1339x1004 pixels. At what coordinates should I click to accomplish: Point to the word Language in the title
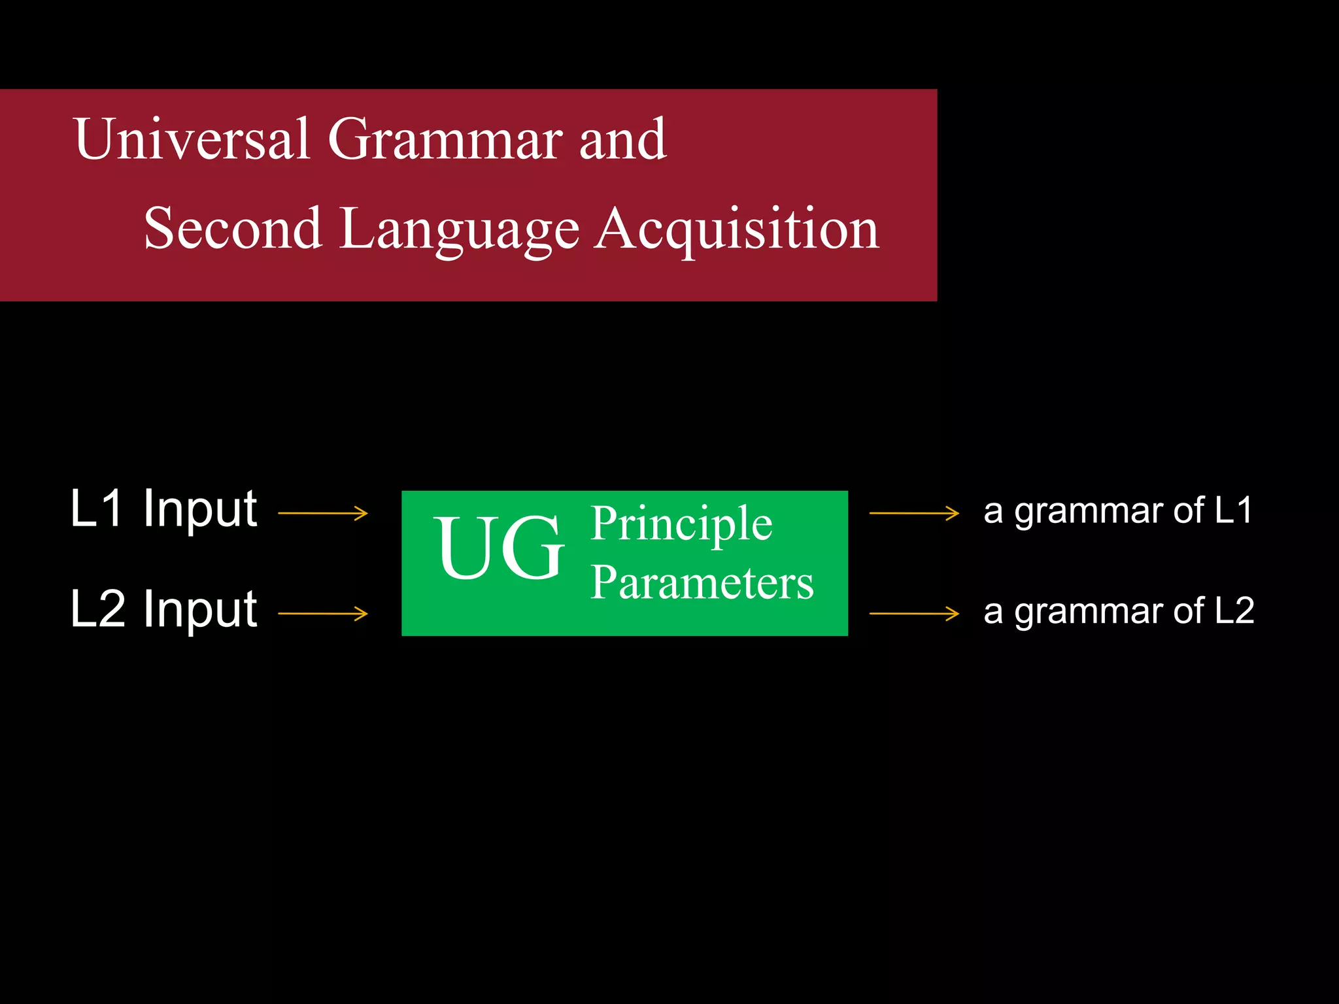459,229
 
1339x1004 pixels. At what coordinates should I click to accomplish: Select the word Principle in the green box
681,524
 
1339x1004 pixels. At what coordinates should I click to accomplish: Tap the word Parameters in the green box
702,582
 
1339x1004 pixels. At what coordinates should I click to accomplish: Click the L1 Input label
163,509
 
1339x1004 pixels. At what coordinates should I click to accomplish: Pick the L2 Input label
163,609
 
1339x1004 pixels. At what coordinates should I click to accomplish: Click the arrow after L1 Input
323,514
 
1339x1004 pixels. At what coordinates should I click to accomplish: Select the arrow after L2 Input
323,614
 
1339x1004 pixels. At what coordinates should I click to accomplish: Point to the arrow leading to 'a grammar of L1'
914,514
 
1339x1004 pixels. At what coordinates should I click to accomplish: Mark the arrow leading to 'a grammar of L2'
914,614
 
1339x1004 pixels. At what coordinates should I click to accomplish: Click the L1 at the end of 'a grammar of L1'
1233,510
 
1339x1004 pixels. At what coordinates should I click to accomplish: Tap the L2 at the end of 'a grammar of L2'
1234,611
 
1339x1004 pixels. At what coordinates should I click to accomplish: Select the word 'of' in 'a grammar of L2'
1189,611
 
